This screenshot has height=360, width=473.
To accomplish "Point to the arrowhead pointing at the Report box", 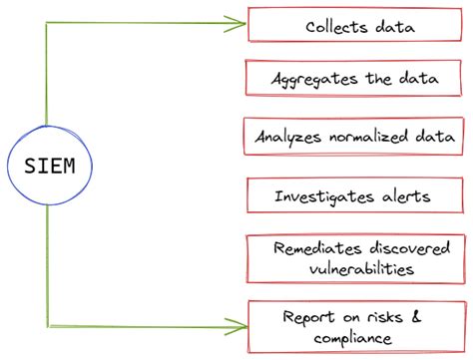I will [x=239, y=324].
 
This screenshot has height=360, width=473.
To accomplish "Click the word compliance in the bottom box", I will [x=348, y=339].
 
